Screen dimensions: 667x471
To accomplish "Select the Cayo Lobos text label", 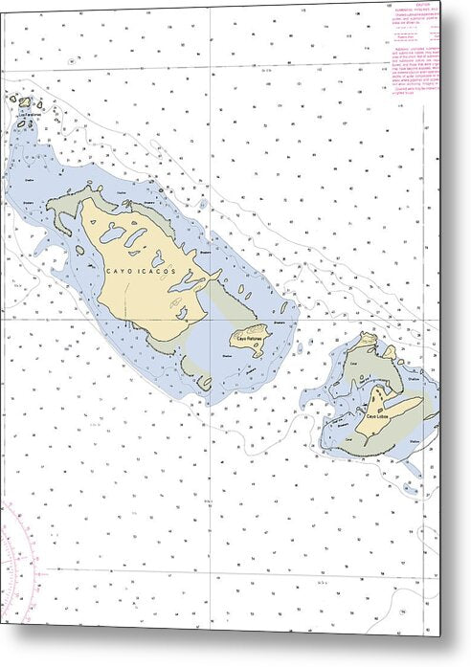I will pyautogui.click(x=377, y=415).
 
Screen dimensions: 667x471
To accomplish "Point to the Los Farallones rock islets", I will pyautogui.click(x=24, y=101).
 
